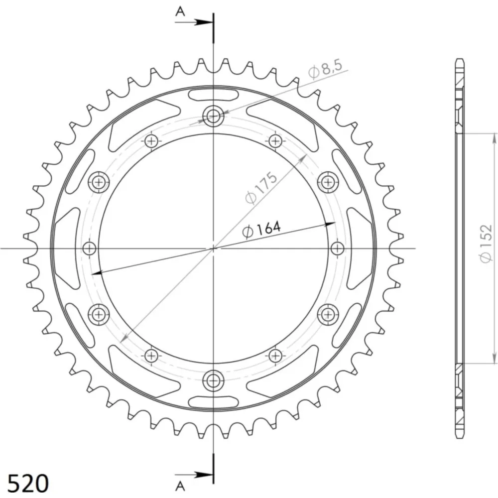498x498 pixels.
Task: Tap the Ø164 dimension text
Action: click(261, 229)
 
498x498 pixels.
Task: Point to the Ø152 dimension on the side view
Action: click(486, 244)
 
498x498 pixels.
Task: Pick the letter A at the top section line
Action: click(180, 11)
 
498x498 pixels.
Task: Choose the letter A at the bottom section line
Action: click(180, 486)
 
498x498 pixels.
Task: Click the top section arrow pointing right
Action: click(193, 22)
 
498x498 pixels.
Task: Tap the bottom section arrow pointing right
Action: click(193, 475)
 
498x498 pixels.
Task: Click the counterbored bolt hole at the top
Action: click(214, 116)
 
